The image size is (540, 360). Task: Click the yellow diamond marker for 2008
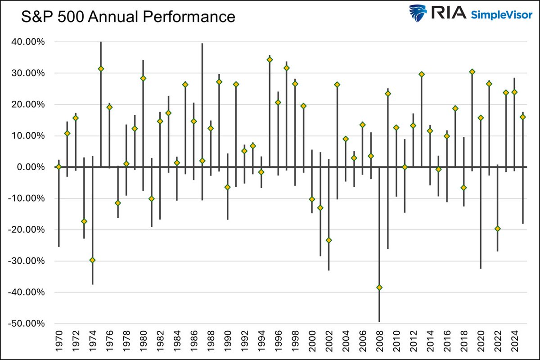[379, 288]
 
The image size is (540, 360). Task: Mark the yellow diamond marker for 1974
[92, 260]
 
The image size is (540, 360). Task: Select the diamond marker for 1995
[270, 59]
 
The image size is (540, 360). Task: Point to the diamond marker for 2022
[497, 229]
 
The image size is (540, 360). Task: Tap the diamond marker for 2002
[329, 240]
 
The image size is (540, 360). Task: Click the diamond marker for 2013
[422, 74]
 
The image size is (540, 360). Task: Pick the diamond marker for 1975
[101, 69]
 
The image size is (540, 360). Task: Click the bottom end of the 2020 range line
[481, 268]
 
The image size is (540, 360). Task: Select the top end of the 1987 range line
[202, 44]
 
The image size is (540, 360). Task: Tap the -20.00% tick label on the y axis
[28, 229]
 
